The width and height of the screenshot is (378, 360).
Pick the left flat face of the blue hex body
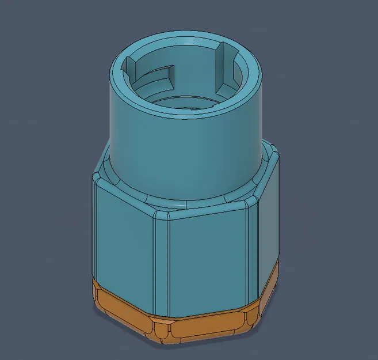(124, 236)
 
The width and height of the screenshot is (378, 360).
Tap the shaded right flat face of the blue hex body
(268, 239)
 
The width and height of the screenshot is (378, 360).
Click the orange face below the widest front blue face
(204, 326)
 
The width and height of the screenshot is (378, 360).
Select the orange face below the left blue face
(124, 305)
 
